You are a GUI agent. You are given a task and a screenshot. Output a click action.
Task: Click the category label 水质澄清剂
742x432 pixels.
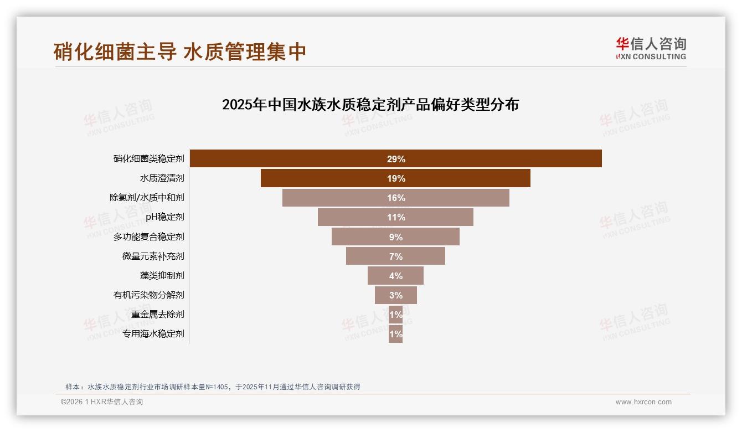click(x=162, y=178)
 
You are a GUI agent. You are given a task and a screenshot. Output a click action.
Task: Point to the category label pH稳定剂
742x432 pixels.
click(x=164, y=217)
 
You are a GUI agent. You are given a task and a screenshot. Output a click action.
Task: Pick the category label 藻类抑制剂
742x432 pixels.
click(x=162, y=275)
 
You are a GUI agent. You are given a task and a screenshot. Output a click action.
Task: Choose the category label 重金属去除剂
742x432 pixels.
click(x=157, y=314)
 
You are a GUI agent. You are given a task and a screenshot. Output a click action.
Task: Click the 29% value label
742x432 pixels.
click(x=396, y=159)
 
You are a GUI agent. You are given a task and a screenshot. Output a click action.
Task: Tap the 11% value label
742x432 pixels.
click(x=396, y=217)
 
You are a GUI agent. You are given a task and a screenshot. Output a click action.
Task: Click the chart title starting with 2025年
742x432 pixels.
click(x=370, y=105)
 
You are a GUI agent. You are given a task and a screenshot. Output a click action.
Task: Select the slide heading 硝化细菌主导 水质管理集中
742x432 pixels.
click(x=180, y=52)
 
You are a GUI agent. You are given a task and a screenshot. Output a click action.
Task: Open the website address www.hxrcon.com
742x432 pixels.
click(x=643, y=402)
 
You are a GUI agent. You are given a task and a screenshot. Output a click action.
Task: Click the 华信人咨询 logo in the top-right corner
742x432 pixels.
click(x=651, y=49)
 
